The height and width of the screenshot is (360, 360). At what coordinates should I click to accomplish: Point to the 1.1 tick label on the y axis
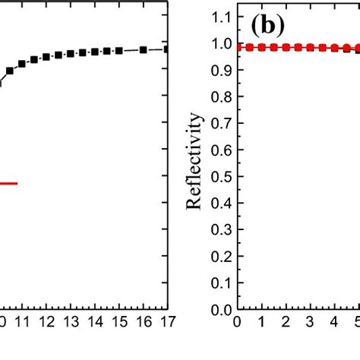click(x=221, y=16)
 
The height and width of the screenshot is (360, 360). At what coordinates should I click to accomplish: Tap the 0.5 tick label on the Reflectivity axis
click(x=221, y=177)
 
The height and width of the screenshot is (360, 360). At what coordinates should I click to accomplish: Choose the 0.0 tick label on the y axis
click(x=221, y=311)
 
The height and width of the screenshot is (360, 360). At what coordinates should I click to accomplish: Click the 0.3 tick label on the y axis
click(x=221, y=230)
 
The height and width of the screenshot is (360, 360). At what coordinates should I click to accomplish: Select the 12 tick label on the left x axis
click(x=46, y=323)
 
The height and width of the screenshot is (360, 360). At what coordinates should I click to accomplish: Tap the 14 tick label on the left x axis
click(x=93, y=323)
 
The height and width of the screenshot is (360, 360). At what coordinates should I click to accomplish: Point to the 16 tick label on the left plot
click(x=142, y=323)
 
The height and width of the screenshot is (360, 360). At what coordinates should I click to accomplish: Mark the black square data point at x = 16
click(x=143, y=49)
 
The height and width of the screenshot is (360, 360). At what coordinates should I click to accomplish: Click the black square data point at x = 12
click(x=46, y=56)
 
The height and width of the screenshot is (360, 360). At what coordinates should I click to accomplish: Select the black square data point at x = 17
click(x=166, y=49)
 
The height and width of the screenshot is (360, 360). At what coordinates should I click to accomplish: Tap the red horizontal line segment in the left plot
click(x=8, y=183)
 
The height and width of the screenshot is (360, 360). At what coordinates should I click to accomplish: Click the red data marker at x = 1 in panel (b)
click(x=262, y=47)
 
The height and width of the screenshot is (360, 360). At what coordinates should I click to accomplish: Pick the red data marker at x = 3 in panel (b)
click(x=309, y=47)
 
